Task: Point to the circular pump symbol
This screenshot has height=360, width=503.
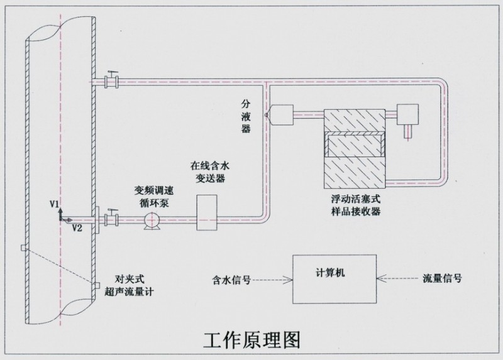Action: tap(152, 220)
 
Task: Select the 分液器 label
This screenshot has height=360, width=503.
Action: tap(246, 115)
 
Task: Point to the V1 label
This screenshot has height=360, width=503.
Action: tap(55, 204)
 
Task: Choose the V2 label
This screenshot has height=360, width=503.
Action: tap(77, 227)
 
